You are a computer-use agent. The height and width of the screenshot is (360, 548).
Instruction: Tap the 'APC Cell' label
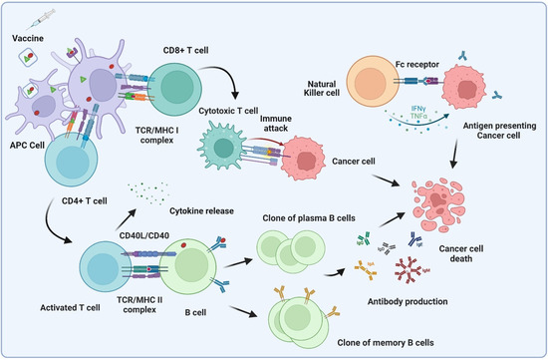point(28,159)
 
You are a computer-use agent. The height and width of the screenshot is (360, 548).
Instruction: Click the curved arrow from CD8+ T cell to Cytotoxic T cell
point(233,85)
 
